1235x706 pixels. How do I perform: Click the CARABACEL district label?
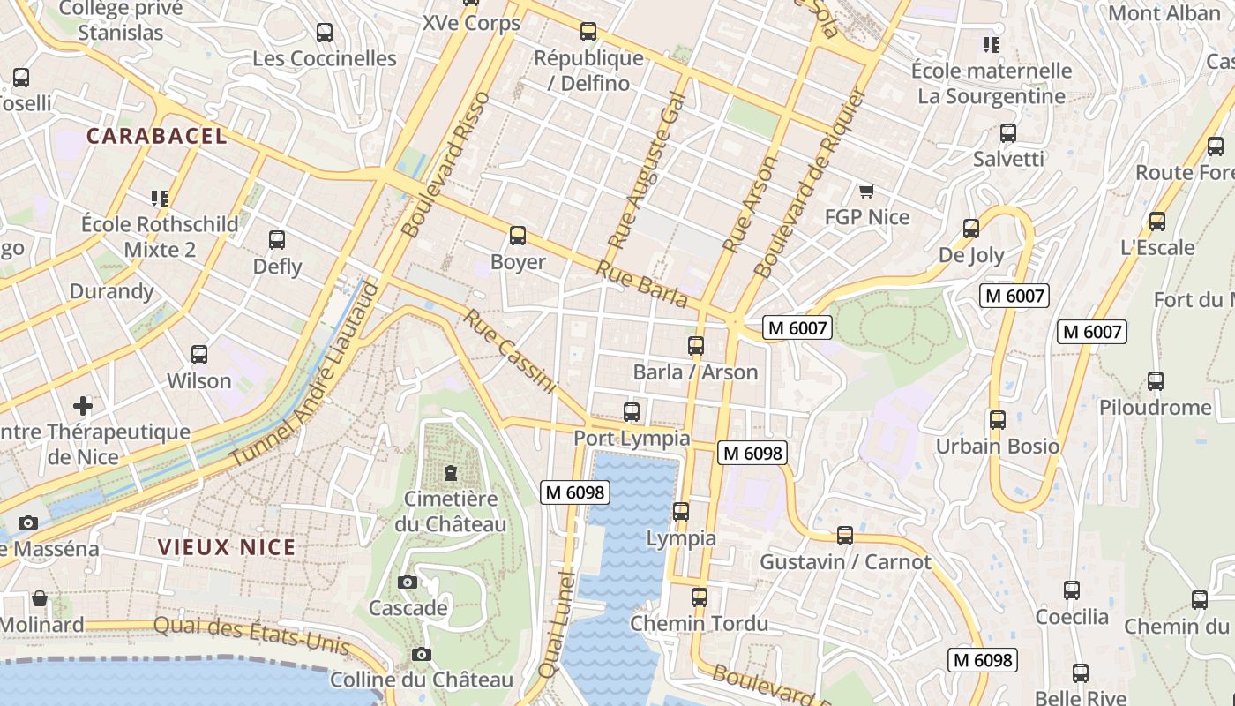[x=157, y=136]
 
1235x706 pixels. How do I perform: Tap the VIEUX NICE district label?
[x=227, y=547]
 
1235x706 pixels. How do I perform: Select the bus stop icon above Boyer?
[x=518, y=236]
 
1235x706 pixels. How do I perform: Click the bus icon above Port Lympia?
[x=631, y=411]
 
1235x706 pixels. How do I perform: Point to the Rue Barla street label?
[x=641, y=284]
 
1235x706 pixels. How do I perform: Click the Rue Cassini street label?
[x=510, y=350]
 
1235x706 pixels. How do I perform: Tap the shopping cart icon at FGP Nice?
[x=866, y=191]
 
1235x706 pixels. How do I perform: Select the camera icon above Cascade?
[x=407, y=582]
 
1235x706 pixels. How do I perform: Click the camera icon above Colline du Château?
[x=421, y=654]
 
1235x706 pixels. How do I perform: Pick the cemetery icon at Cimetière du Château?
[x=451, y=473]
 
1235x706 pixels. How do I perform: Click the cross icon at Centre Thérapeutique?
[x=83, y=406]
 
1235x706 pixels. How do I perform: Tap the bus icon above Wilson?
[x=199, y=355]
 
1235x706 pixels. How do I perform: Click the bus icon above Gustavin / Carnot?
[x=844, y=535]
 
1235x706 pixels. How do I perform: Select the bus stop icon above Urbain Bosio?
[x=998, y=420]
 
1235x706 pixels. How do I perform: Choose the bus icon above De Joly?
[x=971, y=229]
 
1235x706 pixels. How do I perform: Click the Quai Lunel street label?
[x=557, y=625]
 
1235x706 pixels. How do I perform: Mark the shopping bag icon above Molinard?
[x=40, y=598]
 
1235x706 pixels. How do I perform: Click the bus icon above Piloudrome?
[x=1155, y=381]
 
